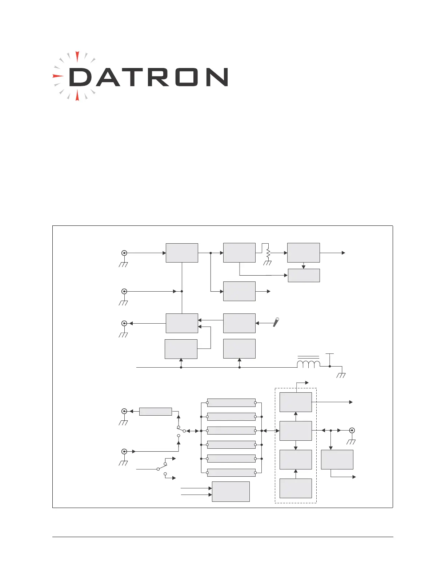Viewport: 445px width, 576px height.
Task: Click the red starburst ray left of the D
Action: (57, 76)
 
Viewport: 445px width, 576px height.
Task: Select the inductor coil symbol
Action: (309, 364)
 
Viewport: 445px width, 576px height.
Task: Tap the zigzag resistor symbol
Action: (268, 253)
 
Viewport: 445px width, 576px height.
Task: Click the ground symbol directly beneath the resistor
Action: (268, 263)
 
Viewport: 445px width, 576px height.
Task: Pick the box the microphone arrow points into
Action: (239, 323)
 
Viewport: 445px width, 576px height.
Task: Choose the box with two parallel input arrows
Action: (230, 491)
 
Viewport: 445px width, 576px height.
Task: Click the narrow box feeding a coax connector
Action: (155, 411)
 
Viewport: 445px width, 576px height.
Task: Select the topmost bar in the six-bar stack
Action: (231, 403)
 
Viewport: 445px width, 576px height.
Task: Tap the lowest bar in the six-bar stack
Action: (231, 473)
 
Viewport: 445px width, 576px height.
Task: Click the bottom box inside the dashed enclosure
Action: (296, 488)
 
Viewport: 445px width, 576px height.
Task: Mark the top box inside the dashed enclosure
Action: (296, 402)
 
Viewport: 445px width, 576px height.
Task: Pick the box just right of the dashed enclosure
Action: (337, 459)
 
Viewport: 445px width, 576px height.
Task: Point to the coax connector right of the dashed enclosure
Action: (352, 431)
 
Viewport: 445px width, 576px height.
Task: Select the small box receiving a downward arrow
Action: (304, 275)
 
